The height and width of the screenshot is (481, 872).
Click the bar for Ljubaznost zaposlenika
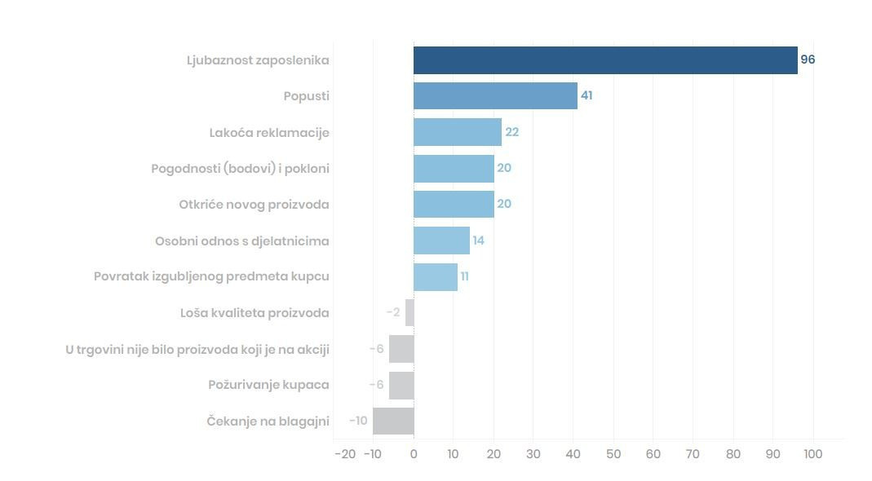point(605,60)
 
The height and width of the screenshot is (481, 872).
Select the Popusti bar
point(495,96)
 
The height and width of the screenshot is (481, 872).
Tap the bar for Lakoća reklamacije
point(458,132)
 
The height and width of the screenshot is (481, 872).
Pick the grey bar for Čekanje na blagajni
point(393,421)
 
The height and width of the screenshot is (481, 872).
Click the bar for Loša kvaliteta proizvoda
point(409,312)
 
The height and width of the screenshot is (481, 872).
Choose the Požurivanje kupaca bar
point(401,385)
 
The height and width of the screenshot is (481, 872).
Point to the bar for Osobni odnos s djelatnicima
point(441,240)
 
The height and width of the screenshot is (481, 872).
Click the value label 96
point(808,60)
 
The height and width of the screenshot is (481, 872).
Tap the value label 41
point(586,95)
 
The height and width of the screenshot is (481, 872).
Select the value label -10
point(358,421)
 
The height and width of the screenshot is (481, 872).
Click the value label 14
point(479,240)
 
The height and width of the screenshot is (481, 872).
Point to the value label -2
point(393,312)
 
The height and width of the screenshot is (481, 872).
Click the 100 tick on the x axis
point(812,454)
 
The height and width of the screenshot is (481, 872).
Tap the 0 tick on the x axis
point(414,454)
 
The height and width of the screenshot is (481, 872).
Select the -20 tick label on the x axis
point(345,454)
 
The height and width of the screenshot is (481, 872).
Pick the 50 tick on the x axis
point(613,454)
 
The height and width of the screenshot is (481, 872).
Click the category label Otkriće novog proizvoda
point(254,205)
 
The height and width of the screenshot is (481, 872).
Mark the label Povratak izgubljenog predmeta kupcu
point(211,276)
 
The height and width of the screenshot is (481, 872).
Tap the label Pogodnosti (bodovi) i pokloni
point(240,169)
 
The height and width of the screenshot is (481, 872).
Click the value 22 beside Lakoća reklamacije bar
point(512,132)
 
